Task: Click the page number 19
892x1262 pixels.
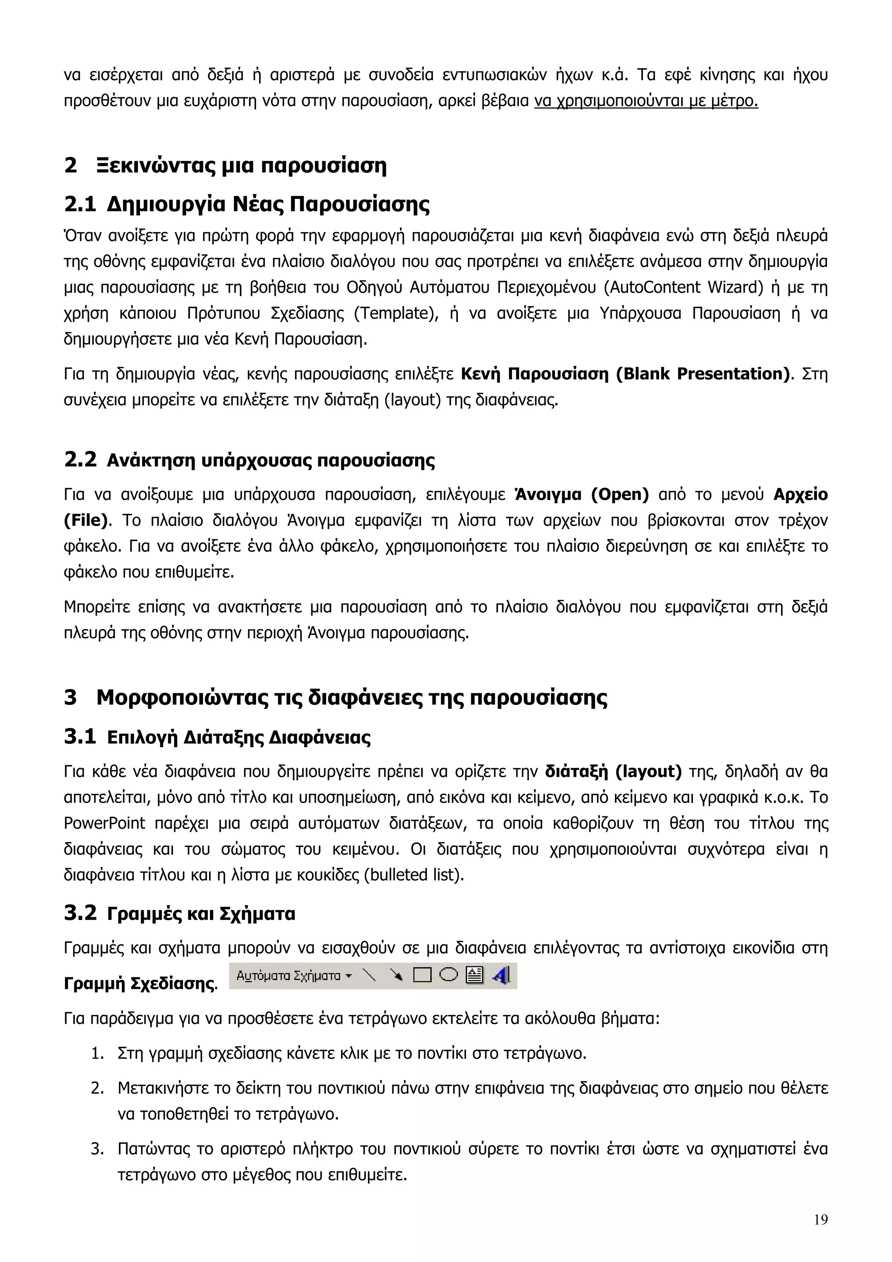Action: pos(821,1220)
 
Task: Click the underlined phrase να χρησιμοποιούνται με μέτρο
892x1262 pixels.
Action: pos(646,101)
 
